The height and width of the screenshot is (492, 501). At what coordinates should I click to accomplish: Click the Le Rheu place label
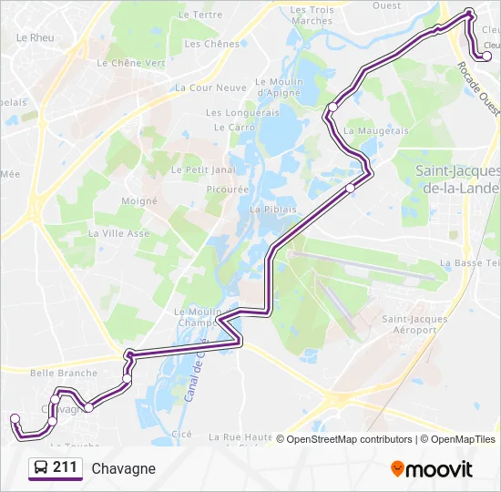tap(36, 38)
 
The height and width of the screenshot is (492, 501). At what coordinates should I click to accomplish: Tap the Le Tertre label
tap(200, 15)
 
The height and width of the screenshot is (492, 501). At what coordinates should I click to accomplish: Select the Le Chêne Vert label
tap(131, 63)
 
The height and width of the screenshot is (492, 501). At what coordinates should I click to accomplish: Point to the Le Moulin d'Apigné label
tap(280, 87)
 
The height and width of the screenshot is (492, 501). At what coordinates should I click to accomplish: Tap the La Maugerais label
tap(376, 131)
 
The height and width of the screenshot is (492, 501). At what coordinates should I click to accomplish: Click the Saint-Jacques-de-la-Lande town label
tap(456, 179)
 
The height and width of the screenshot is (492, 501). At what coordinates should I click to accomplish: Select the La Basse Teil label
tap(469, 262)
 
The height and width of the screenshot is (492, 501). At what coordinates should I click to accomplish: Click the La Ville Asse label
tap(118, 233)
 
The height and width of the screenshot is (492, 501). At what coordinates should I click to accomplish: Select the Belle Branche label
tap(64, 373)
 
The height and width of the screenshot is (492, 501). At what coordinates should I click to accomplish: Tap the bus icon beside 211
tap(41, 468)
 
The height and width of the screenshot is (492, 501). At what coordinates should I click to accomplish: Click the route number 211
tap(65, 468)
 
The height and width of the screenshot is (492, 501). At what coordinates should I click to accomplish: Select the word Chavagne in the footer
tap(123, 468)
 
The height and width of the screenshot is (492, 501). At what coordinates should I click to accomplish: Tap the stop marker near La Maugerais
tap(333, 108)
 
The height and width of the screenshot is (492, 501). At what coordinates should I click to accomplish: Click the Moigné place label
tap(140, 200)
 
